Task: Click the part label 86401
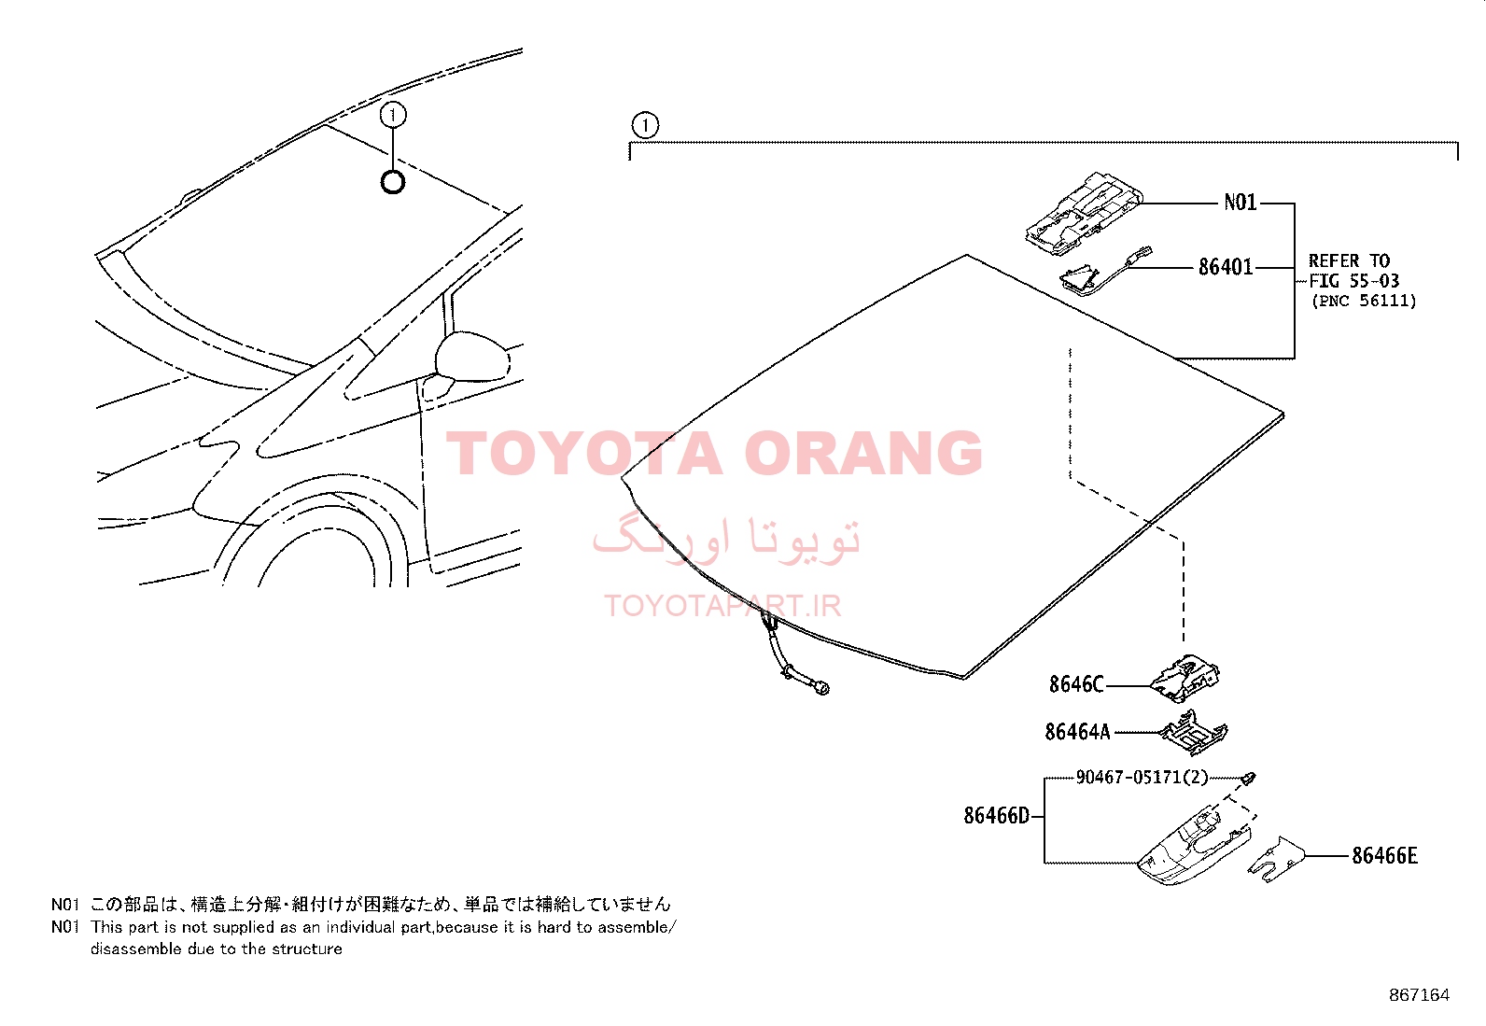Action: click(x=1226, y=267)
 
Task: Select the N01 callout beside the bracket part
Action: click(x=1240, y=202)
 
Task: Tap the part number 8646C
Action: click(x=1076, y=684)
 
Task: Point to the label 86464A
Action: click(x=1077, y=732)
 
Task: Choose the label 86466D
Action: click(x=996, y=816)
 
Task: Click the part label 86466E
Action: click(x=1384, y=856)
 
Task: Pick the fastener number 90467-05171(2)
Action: click(x=1142, y=777)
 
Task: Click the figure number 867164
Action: click(x=1420, y=995)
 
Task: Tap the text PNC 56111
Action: click(x=1364, y=301)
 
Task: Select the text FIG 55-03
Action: click(x=1354, y=281)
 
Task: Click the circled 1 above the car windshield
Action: click(x=393, y=115)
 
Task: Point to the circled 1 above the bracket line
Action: click(x=646, y=125)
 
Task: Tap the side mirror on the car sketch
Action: click(x=472, y=357)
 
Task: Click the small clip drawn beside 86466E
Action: click(x=1276, y=860)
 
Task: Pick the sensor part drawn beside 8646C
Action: click(x=1185, y=679)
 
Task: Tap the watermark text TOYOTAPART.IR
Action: click(x=722, y=605)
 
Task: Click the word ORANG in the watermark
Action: click(x=863, y=453)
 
